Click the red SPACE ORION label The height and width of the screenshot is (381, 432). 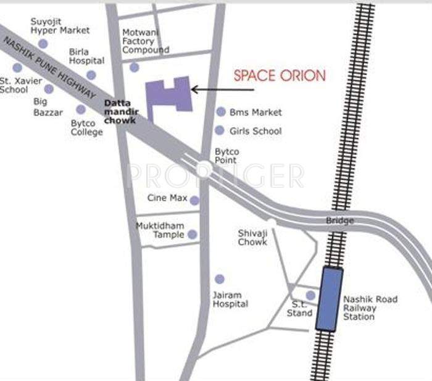279,76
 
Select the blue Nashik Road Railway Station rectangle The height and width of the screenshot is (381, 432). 330,298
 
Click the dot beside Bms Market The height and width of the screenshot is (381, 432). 221,112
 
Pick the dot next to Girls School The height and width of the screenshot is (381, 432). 219,130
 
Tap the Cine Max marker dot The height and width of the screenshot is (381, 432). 194,200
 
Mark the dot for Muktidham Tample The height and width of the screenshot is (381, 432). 192,235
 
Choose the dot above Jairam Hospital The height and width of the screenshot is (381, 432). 219,279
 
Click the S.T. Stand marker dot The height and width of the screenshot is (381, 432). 310,295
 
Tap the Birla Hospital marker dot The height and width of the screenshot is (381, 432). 91,75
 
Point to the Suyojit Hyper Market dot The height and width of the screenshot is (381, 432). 43,43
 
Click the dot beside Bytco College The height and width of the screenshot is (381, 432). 81,109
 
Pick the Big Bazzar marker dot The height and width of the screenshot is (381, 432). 49,89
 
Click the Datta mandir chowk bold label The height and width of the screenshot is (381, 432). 121,112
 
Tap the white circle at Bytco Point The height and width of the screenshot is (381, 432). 203,169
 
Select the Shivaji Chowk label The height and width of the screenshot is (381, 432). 252,237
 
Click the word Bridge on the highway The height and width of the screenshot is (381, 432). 340,220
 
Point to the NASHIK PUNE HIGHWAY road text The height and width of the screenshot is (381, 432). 49,67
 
